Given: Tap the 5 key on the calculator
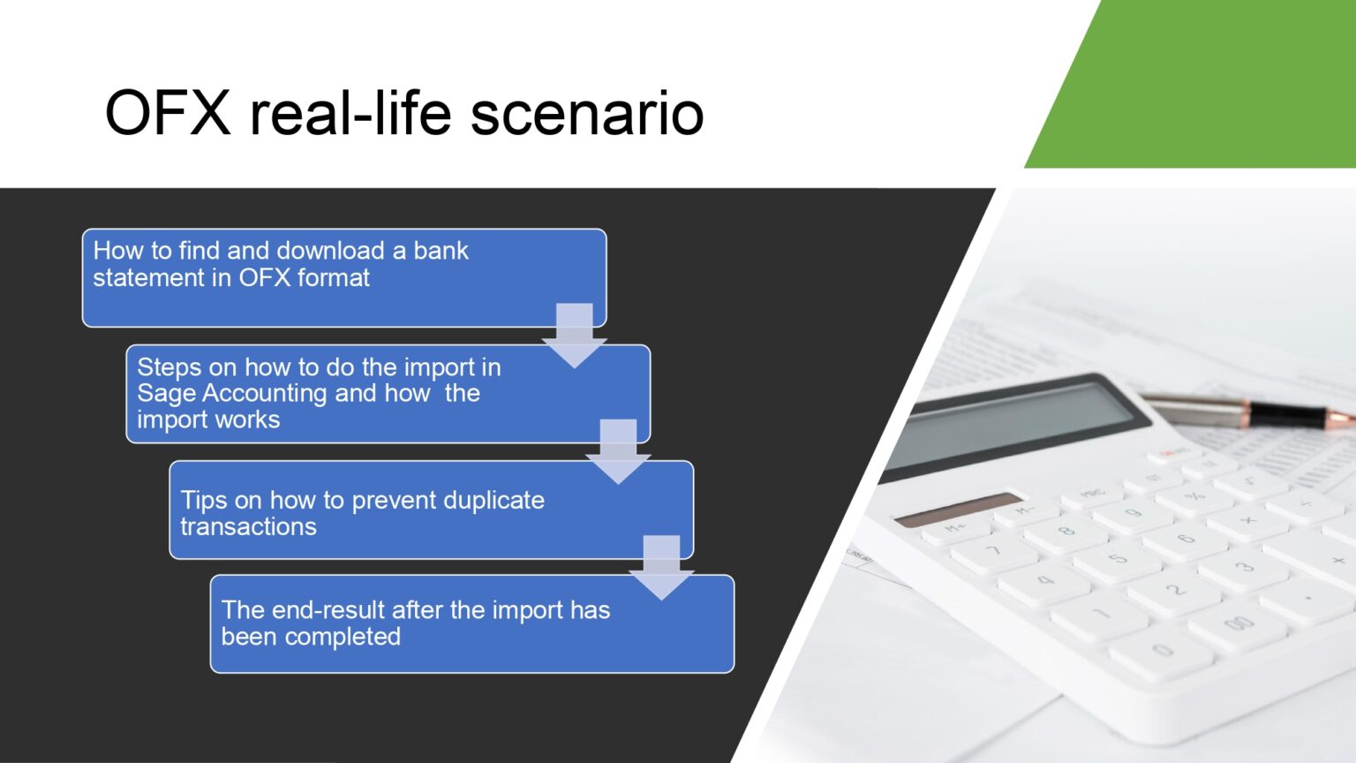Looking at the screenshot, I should coord(1118,558).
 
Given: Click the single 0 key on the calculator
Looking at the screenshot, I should coord(1162,651).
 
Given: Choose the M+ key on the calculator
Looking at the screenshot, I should coord(956,528).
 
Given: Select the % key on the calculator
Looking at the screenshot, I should coord(1194,496).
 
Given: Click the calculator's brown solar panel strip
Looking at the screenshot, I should coord(958,509).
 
